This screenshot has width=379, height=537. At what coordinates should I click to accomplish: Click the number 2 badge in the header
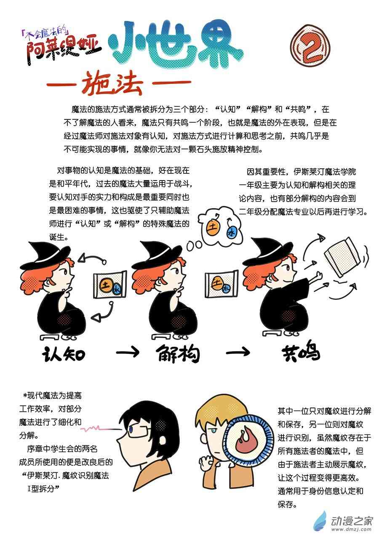point(310,46)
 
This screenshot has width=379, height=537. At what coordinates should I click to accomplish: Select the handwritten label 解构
point(178,354)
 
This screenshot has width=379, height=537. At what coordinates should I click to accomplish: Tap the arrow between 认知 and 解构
point(127,352)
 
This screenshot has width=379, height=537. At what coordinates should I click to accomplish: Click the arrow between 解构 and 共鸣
point(238,352)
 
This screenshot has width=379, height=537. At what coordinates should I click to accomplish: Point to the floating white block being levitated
point(342,257)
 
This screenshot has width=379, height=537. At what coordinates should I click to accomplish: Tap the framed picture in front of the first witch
point(110,285)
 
